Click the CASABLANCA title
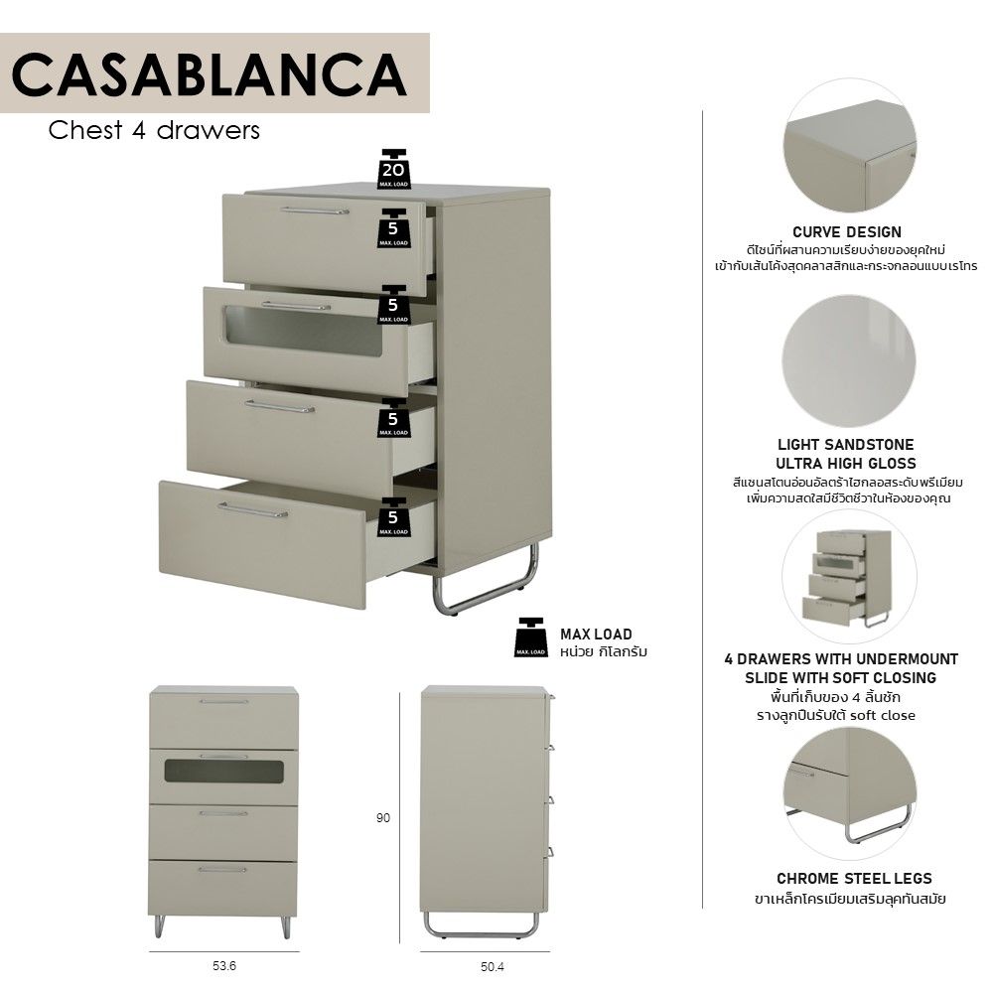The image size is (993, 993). coord(209,74)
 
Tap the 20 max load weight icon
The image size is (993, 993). coord(393,169)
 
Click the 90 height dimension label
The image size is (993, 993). coord(383,818)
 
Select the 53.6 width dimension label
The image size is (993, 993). coord(224,966)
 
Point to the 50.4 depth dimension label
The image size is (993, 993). coord(493,967)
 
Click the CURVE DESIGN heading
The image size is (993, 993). coord(847,231)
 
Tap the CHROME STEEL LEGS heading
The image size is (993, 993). coord(854,879)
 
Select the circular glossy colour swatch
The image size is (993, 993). coord(849,359)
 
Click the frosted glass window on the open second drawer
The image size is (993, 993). coord(304,331)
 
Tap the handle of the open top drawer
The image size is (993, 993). coord(315,211)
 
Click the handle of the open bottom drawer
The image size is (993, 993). coord(252,510)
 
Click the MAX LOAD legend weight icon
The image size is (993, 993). coord(530,638)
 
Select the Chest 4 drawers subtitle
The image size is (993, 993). coord(154,130)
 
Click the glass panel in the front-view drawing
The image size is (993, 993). coord(223,772)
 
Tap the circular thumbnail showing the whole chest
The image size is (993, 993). coord(849,576)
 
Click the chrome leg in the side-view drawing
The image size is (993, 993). coord(482,927)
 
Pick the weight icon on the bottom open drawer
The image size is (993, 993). coord(393,517)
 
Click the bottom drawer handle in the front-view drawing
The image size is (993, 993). coord(222,870)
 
